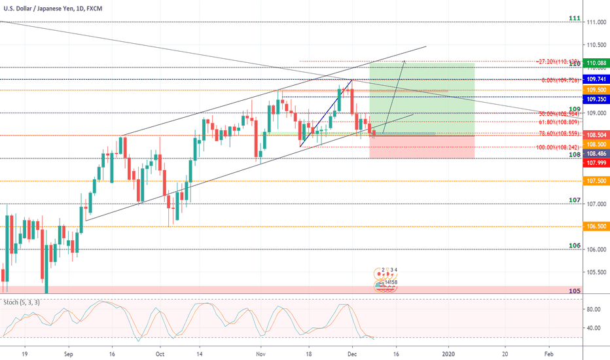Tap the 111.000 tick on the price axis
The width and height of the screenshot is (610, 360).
pos(596,22)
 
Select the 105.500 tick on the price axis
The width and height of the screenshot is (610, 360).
pos(596,272)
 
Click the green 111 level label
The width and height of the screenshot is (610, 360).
pos(574,18)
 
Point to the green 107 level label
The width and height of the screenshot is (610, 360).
pos(574,200)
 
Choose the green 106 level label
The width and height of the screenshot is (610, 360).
pos(574,245)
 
